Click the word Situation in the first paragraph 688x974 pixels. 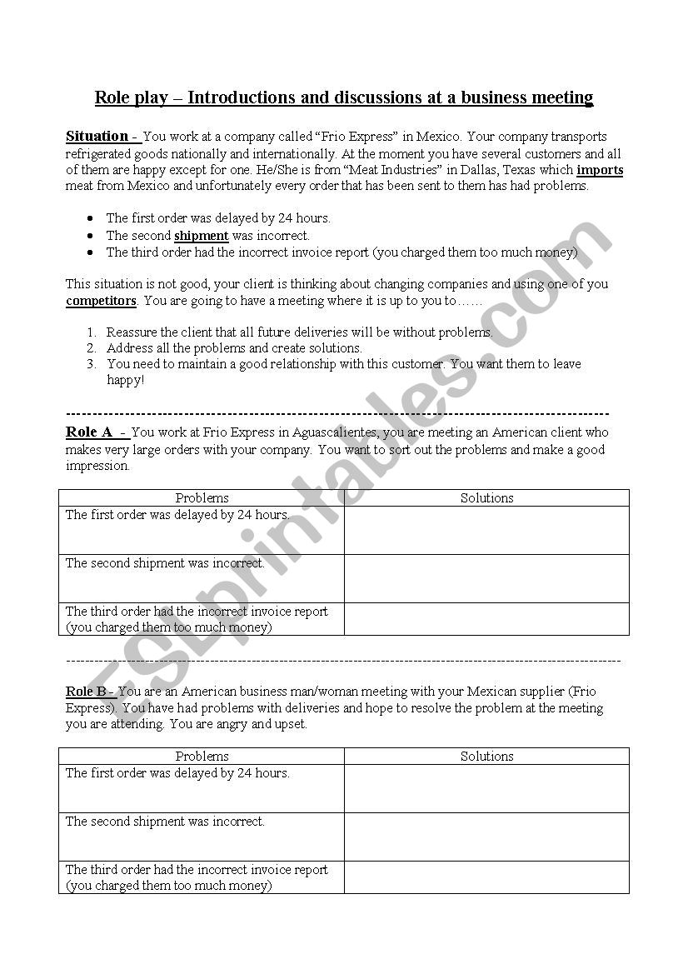coord(97,136)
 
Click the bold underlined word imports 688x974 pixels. coord(600,170)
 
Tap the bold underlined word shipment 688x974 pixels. coord(201,236)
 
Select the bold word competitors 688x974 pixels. coord(101,301)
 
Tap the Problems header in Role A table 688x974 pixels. coord(202,498)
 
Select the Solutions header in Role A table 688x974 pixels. coord(486,498)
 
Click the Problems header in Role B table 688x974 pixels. coord(202,757)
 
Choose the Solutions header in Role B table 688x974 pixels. coord(486,757)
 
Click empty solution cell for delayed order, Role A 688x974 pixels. coord(486,530)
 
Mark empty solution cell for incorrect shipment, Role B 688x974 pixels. coord(486,837)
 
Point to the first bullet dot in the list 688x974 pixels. coord(90,218)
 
